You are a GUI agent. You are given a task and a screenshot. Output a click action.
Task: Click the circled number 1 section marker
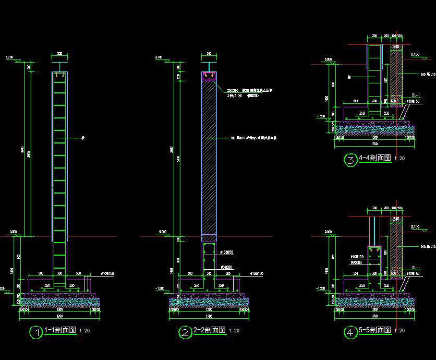click(x=36, y=332)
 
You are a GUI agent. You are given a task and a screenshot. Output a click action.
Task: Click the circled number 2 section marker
click(x=185, y=332)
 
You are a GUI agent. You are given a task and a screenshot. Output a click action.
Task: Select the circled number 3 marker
click(x=350, y=160)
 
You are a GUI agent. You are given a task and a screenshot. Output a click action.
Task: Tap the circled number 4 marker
click(x=350, y=332)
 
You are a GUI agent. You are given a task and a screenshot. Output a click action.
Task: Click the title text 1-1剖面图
click(x=62, y=330)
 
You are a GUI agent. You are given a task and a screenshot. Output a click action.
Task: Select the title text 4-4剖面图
click(x=375, y=158)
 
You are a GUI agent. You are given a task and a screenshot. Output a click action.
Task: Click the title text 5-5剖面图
click(x=375, y=330)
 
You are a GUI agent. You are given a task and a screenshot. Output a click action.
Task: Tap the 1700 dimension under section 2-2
click(x=209, y=316)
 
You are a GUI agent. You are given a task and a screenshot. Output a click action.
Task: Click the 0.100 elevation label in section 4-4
click(x=416, y=54)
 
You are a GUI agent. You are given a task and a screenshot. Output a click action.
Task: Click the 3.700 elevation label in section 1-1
click(x=9, y=57)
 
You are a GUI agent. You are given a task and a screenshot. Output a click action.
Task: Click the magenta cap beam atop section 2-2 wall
click(x=209, y=76)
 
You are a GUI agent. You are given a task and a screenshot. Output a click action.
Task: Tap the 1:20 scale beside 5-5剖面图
click(x=400, y=331)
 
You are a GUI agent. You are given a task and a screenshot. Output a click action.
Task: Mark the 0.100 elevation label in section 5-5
click(x=416, y=226)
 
